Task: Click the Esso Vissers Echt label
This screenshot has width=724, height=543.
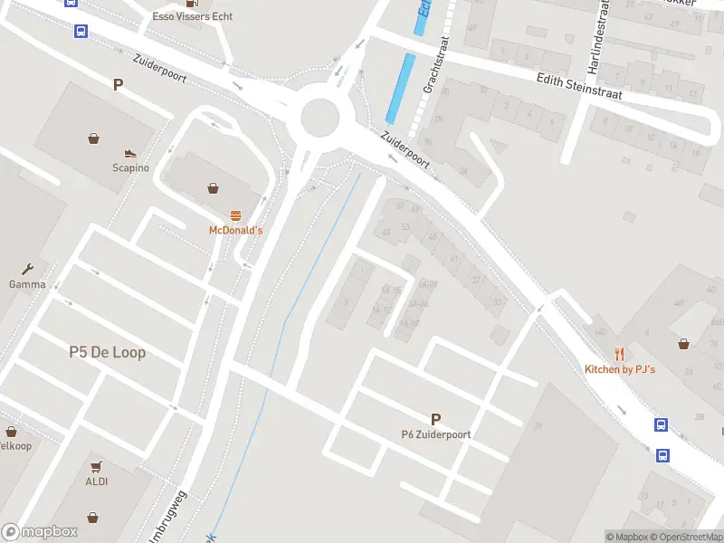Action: click(192, 16)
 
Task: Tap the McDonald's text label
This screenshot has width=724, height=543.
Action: click(235, 231)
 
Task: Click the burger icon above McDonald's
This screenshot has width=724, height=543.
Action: click(235, 215)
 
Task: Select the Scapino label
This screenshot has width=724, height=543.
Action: click(129, 167)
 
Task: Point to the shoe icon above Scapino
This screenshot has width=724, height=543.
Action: click(129, 153)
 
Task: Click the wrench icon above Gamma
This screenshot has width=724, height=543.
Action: click(27, 269)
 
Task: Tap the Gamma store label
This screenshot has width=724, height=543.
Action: click(27, 284)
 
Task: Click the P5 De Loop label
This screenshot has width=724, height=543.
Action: click(107, 352)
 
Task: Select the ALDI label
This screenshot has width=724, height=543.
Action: click(97, 481)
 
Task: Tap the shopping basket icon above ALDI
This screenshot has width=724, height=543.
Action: click(97, 466)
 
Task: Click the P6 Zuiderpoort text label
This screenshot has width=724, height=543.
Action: click(435, 434)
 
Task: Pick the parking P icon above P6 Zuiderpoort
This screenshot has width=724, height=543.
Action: click(435, 419)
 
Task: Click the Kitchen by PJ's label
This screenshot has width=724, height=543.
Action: click(620, 369)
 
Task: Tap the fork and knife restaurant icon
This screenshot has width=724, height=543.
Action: click(620, 354)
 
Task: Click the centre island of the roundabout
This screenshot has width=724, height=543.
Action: click(319, 117)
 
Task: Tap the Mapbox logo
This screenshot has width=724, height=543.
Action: click(40, 531)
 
